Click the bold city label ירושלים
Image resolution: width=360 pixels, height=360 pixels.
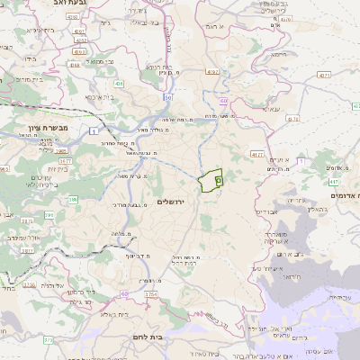coord(169,201)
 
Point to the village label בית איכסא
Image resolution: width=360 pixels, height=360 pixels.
coord(98,95)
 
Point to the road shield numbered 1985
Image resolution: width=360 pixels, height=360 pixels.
coord(81,40)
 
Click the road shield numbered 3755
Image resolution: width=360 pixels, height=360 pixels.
coord(30,285)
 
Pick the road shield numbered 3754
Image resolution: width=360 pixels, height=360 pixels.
coord(150,293)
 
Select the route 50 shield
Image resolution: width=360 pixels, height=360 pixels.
coord(167,96)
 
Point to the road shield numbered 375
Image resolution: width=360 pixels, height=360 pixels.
coord(48,339)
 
